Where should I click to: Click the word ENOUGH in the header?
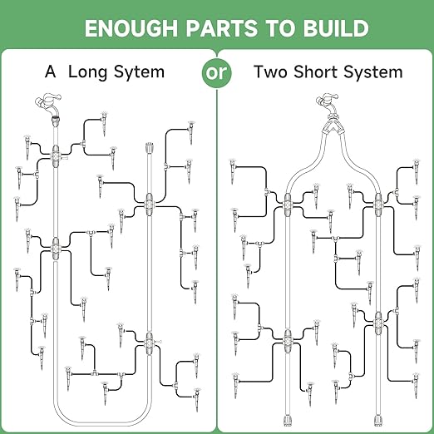131,28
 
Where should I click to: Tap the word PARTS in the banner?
222,28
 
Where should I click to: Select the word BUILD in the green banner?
336,28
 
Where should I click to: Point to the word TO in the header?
280,28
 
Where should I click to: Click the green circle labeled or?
217,72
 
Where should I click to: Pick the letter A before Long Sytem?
50,72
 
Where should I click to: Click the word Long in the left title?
87,72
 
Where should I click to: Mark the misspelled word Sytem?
140,72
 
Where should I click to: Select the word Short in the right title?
316,72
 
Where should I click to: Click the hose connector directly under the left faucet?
56,121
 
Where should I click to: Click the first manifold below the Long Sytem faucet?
56,156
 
